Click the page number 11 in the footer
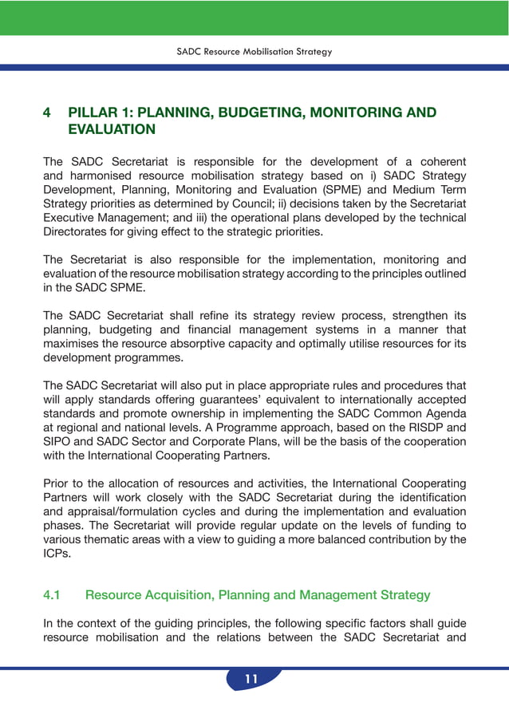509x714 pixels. pos(251,680)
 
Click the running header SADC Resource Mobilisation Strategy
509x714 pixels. pos(254,52)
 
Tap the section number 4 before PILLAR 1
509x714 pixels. pos(47,112)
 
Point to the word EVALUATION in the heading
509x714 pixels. pos(112,129)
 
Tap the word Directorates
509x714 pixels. pos(77,232)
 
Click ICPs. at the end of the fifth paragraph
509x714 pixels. pos(57,553)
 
